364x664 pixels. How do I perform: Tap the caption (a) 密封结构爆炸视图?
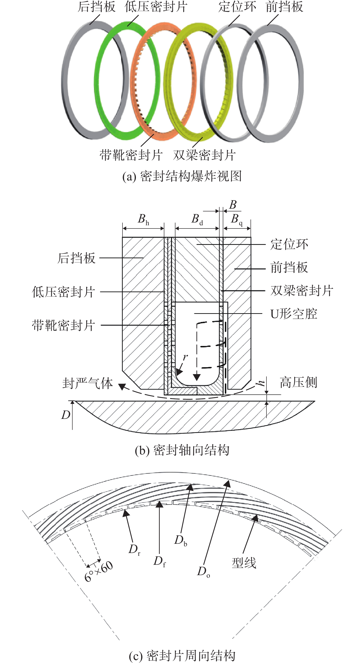182,177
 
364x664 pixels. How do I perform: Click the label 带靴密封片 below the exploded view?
131,155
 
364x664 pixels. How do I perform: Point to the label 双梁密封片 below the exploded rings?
204,155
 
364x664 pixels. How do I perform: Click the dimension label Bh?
143,219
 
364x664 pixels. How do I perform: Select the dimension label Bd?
197,219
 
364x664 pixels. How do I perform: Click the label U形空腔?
294,314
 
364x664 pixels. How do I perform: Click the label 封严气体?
88,383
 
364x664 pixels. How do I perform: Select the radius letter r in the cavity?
185,357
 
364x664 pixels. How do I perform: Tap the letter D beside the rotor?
66,415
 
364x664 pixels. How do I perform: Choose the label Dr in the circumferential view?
135,550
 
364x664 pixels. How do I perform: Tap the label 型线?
244,563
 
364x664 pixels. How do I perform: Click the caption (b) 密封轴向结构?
182,450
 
